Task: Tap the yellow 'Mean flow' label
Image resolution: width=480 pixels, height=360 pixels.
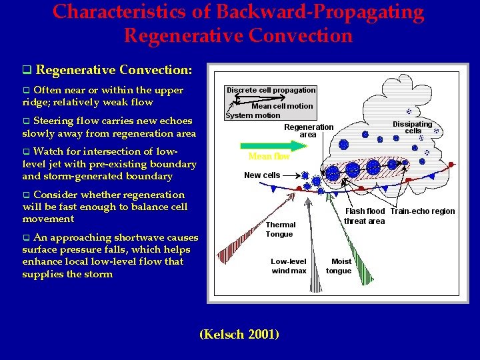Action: [269, 157]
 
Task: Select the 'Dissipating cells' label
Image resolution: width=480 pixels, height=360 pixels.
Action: [412, 127]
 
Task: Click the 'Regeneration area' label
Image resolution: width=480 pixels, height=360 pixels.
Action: [308, 131]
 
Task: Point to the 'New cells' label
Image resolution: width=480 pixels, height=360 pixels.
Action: [262, 175]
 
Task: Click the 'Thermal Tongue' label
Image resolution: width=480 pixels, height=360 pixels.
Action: [279, 229]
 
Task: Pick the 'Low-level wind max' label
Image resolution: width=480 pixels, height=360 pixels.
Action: [289, 266]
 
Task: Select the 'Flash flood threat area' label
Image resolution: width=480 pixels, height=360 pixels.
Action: [364, 216]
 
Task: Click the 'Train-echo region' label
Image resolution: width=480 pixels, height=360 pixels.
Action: [423, 211]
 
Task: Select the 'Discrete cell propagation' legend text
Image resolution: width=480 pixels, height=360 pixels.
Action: [271, 90]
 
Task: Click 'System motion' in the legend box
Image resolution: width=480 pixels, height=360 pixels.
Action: [253, 115]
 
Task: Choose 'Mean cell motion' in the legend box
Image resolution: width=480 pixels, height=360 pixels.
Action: [282, 106]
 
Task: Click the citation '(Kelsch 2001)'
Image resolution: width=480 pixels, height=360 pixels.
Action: [239, 334]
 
